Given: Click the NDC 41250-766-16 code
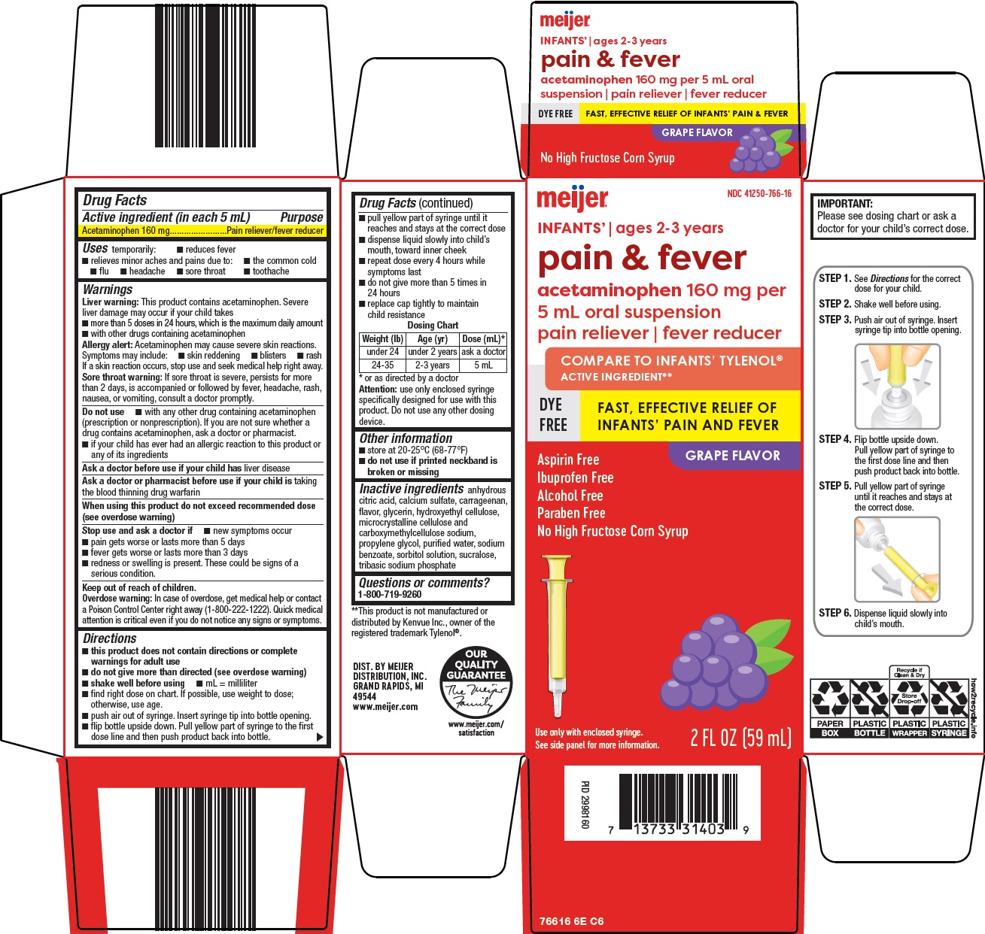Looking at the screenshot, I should click(x=759, y=194).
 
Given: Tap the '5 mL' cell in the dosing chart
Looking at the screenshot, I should click(x=483, y=365).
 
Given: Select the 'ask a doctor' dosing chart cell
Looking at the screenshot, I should click(x=483, y=352).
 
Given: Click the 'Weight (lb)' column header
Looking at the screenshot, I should click(x=383, y=339).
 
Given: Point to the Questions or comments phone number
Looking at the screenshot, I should click(x=390, y=594).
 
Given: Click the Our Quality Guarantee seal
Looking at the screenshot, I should click(x=476, y=682).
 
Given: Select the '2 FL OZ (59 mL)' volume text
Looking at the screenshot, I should click(x=740, y=738).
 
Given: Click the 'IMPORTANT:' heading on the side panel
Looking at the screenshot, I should click(x=845, y=204).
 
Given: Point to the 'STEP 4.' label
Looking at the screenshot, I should click(x=835, y=439).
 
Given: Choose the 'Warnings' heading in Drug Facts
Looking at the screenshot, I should click(x=108, y=290).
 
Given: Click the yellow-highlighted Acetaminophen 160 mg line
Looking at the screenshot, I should click(x=202, y=231).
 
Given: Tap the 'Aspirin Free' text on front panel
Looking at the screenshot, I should click(x=568, y=459).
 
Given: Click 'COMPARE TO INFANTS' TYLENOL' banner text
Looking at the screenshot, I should click(x=671, y=361).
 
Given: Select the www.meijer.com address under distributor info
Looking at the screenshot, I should click(x=385, y=707).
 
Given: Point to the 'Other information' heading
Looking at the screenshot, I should click(x=406, y=438).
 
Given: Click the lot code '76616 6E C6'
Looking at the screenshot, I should click(x=571, y=921).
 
